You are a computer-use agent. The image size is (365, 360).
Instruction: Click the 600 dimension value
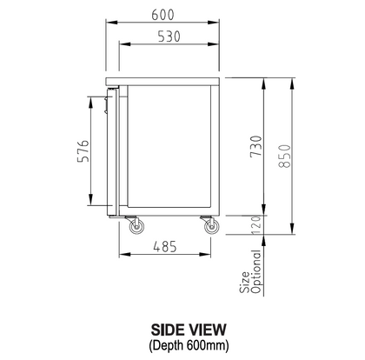click(163, 15)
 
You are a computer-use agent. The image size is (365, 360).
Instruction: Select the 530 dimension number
click(169, 37)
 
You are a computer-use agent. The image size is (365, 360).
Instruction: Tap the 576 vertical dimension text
click(83, 151)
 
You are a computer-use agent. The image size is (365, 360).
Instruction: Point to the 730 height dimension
click(255, 146)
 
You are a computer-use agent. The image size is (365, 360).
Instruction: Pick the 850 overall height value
click(284, 156)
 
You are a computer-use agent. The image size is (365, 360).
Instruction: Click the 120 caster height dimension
click(256, 225)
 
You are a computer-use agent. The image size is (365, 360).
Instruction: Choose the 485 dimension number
click(165, 247)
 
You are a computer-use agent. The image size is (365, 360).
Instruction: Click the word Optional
click(257, 271)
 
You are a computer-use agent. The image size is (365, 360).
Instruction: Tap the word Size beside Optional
click(244, 282)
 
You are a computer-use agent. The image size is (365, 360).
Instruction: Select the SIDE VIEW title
click(189, 330)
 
